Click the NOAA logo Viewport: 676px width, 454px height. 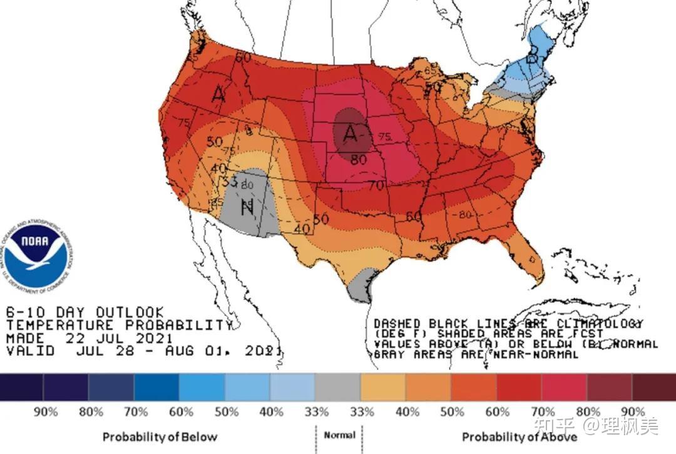click(35, 254)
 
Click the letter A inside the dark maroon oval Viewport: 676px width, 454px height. click(351, 133)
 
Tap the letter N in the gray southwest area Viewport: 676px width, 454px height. click(247, 206)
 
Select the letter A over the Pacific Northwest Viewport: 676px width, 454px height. click(218, 94)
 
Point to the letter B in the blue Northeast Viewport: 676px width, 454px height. click(533, 58)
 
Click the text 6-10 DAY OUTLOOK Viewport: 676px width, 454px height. click(85, 312)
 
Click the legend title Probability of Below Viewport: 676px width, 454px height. click(160, 436)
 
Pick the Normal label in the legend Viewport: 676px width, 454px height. click(339, 435)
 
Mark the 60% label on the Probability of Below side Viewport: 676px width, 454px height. click(181, 412)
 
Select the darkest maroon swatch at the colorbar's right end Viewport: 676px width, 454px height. click(653, 387)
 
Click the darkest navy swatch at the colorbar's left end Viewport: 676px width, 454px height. click(22, 387)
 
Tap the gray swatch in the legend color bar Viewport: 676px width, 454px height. click(337, 387)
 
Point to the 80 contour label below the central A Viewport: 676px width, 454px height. click(358, 159)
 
